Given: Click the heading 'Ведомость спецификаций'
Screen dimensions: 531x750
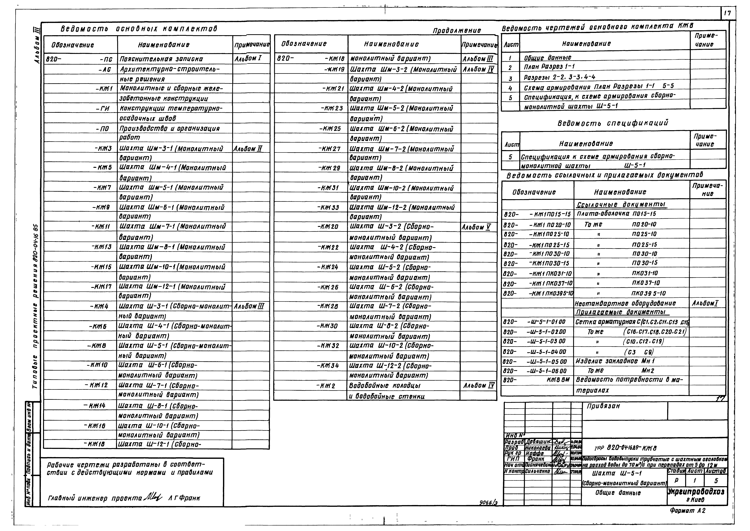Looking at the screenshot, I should click(x=613, y=123).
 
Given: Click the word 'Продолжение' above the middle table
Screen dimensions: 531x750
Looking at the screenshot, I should click(x=456, y=31).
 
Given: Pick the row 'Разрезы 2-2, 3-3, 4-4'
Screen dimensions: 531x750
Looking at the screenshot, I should click(x=560, y=77).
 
